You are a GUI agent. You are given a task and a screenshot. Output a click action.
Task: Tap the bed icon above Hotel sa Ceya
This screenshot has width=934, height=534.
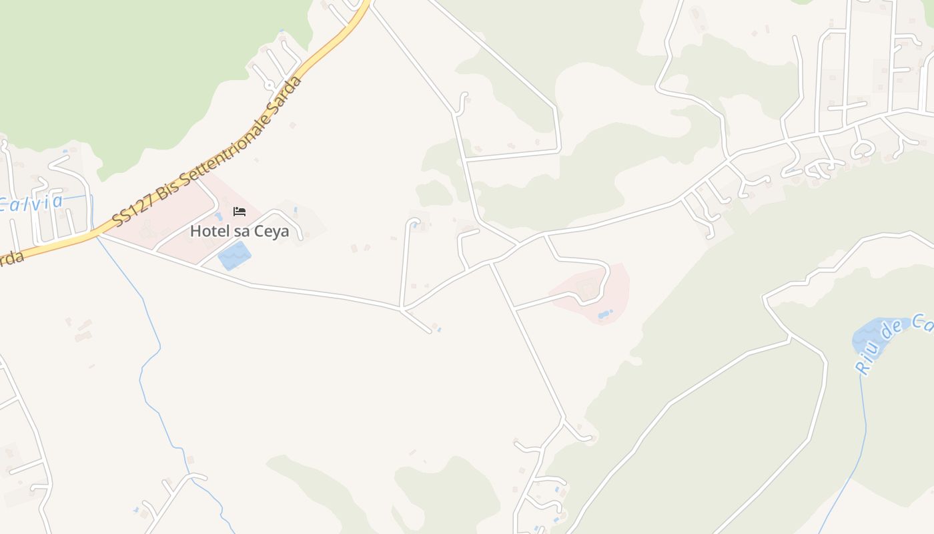coord(239,212)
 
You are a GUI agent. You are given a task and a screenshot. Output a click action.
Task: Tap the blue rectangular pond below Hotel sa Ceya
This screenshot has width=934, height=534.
coord(234,256)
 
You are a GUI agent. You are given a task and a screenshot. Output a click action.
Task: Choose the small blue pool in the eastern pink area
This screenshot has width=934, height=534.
coord(604,314)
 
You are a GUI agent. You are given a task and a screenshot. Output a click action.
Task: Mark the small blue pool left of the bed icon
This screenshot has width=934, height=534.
coord(219,216)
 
